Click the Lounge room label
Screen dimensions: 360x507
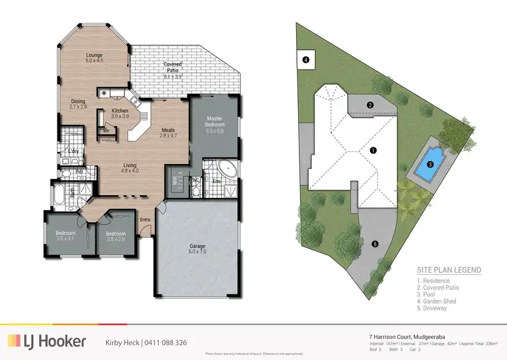93,56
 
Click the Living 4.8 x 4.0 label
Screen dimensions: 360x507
130,167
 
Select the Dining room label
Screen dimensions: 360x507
78,103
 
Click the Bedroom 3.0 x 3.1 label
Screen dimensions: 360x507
65,236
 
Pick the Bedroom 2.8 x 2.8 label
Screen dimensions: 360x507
116,236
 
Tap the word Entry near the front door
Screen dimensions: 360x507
145,220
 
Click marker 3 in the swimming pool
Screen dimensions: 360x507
430,164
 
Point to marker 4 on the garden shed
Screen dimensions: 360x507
306,60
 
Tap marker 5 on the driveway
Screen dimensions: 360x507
375,244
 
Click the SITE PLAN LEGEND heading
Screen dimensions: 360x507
448,270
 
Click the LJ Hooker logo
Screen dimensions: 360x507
47,342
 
